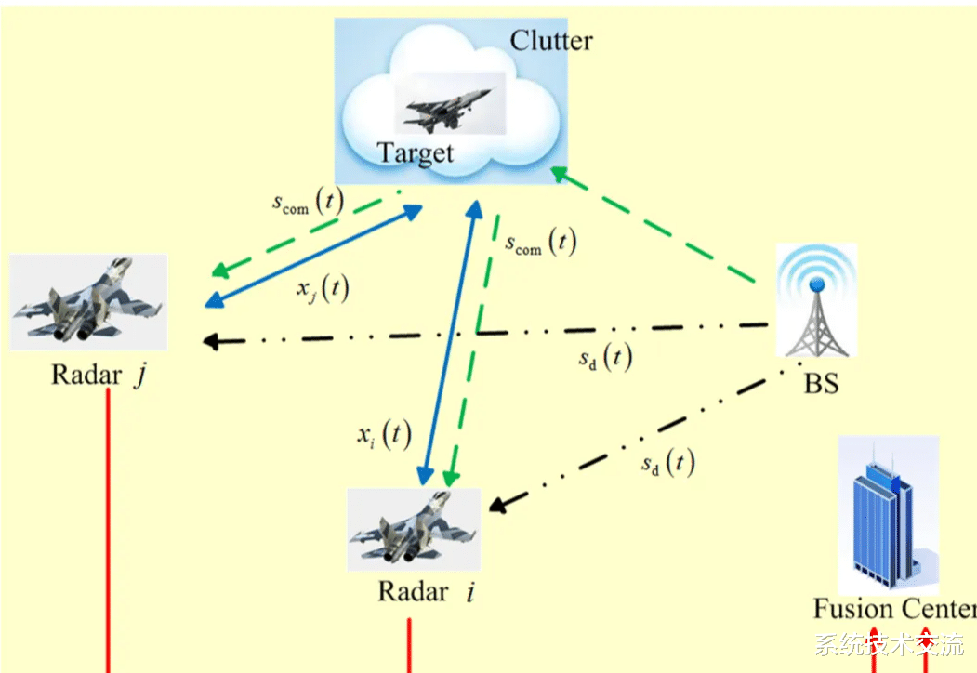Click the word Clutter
[551, 41]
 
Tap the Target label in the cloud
[416, 153]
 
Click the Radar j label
[99, 376]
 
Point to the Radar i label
[426, 591]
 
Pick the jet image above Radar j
[88, 301]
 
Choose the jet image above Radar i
[414, 530]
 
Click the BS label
[821, 383]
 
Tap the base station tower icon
[816, 300]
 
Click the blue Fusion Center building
[888, 515]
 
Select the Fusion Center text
[895, 608]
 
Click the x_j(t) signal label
[323, 288]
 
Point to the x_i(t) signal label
[384, 434]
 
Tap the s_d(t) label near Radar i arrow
[668, 463]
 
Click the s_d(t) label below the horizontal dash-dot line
[606, 358]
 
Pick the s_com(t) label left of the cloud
[308, 203]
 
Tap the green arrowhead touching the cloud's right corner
[560, 174]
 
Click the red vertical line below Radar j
[108, 530]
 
